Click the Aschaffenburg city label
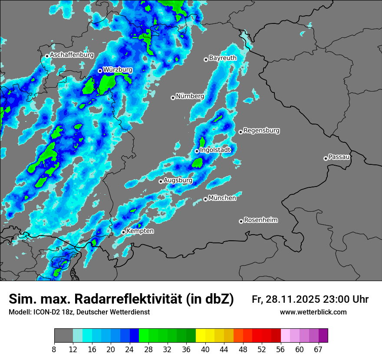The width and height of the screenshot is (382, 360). pyautogui.click(x=72, y=55)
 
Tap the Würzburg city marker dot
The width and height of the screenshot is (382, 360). pyautogui.click(x=100, y=71)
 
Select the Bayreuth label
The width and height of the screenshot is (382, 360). pyautogui.click(x=223, y=58)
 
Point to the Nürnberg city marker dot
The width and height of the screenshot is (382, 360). pyautogui.click(x=173, y=98)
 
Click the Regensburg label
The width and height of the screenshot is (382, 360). pyautogui.click(x=261, y=130)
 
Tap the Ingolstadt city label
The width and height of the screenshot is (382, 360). pyautogui.click(x=215, y=150)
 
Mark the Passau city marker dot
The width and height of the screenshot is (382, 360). pyautogui.click(x=326, y=158)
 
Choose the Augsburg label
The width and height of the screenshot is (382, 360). pyautogui.click(x=178, y=180)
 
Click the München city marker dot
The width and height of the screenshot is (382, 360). pyautogui.click(x=205, y=200)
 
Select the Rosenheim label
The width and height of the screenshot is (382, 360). pyautogui.click(x=261, y=220)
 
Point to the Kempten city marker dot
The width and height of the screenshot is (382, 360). pyautogui.click(x=123, y=232)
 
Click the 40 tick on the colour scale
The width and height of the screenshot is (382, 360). pyautogui.click(x=205, y=349)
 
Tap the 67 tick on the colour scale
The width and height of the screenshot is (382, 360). pyautogui.click(x=318, y=349)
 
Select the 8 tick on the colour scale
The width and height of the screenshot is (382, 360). pyautogui.click(x=54, y=349)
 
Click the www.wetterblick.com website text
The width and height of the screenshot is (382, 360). pyautogui.click(x=313, y=312)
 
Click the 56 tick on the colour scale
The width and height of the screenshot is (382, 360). pyautogui.click(x=281, y=349)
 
